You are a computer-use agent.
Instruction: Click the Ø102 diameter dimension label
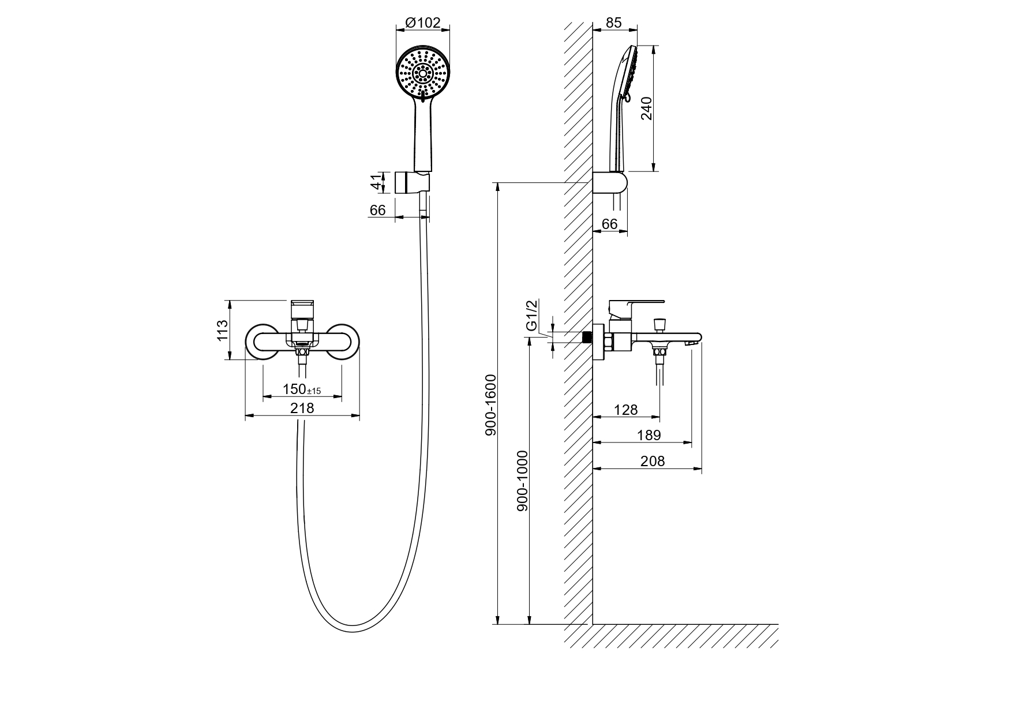[423, 23]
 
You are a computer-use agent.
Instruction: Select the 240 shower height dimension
[646, 108]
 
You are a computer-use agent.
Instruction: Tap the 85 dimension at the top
[614, 23]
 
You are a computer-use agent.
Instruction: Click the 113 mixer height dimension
[223, 330]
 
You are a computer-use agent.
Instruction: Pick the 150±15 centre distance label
[301, 389]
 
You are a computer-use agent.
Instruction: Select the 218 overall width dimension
[302, 408]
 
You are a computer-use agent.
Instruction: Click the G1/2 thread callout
[532, 315]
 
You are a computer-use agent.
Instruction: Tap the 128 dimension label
[625, 410]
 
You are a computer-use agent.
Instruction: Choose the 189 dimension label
[649, 435]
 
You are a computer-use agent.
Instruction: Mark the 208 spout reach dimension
[653, 461]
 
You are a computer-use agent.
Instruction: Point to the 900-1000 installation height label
[523, 481]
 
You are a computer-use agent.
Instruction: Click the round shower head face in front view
[423, 73]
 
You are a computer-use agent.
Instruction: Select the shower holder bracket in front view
[412, 182]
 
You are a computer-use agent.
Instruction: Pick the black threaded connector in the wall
[588, 337]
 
